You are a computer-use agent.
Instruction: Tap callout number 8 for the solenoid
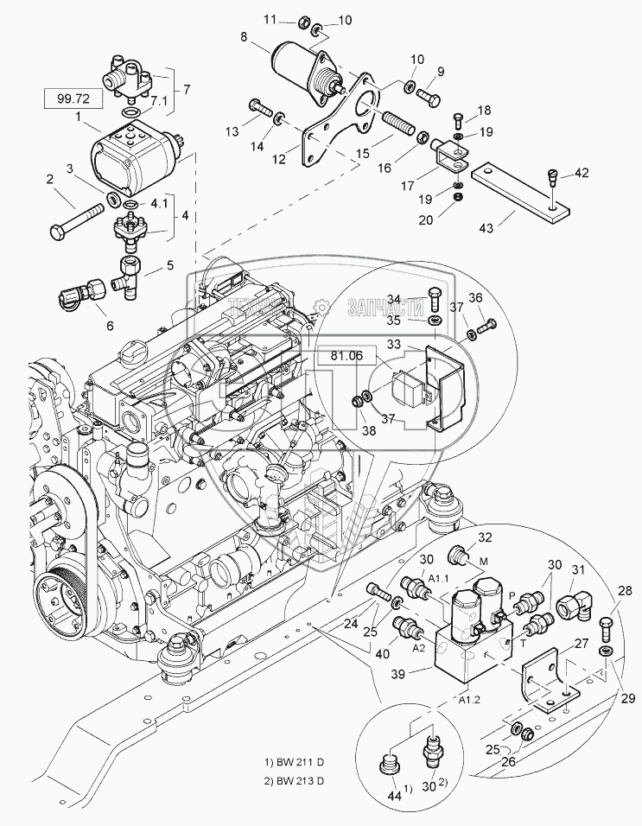tap(244, 37)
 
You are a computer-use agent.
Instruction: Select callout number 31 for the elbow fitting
tap(577, 569)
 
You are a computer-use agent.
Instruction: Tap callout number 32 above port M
tap(484, 537)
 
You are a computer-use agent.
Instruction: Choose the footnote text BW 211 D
tap(296, 762)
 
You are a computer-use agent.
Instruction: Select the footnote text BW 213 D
tap(296, 781)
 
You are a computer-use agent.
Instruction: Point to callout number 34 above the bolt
tap(416, 299)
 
